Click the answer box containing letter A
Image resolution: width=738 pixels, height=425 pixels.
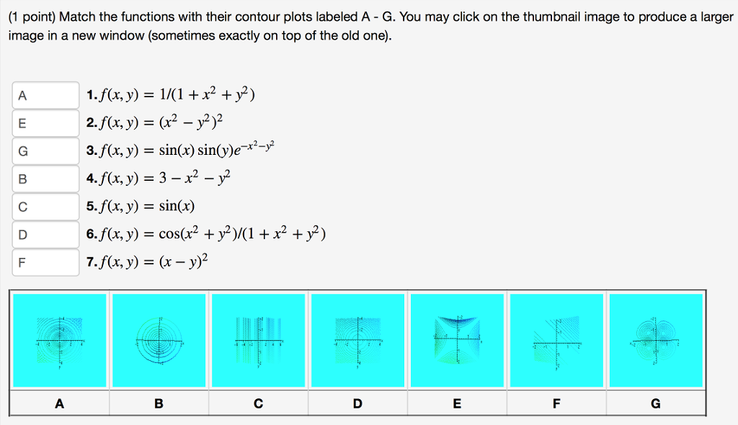45,95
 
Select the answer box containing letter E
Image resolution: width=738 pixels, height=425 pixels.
45,123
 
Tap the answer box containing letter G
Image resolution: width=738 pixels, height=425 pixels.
45,151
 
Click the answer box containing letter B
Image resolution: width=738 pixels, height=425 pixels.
45,179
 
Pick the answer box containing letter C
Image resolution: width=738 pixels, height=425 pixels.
45,207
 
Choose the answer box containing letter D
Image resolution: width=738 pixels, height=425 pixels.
45,234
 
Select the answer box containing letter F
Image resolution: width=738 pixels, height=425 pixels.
45,262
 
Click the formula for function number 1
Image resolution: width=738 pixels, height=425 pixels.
176,94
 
